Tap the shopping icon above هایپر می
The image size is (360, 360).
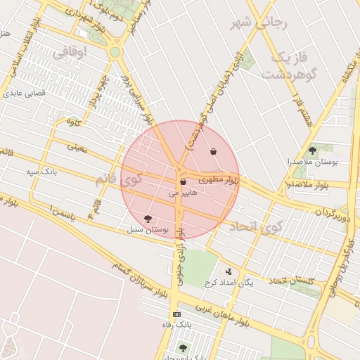click(183, 182)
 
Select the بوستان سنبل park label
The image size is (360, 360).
click(148, 229)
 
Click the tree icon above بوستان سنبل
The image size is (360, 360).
click(147, 219)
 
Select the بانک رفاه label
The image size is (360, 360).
click(181, 326)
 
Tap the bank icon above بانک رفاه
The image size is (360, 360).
click(176, 314)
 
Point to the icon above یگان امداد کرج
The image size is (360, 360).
click(228, 271)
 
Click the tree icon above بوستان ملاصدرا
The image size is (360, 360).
click(312, 150)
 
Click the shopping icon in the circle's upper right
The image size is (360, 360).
click(213, 151)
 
